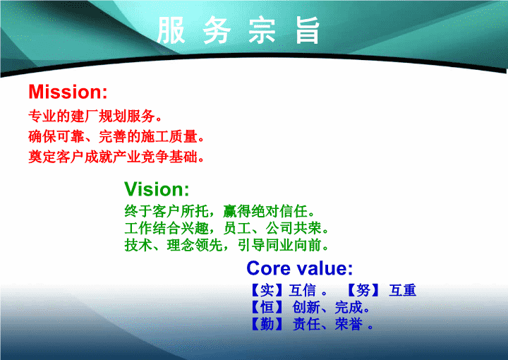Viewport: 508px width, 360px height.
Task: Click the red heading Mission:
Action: pos(68,92)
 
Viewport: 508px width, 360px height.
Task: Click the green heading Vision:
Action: pos(157,189)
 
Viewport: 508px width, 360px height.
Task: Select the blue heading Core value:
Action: pos(300,268)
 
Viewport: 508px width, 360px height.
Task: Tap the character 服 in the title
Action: pos(171,30)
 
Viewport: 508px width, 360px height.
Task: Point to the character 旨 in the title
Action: pos(308,30)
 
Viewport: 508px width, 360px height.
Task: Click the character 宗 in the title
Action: pos(262,30)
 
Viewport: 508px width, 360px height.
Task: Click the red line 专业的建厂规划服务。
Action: pos(95,116)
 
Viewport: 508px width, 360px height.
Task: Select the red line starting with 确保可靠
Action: pos(116,136)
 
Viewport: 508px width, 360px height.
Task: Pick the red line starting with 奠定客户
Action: pos(116,157)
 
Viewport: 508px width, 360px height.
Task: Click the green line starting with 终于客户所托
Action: pos(220,211)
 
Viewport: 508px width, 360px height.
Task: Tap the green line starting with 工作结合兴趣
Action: pos(226,228)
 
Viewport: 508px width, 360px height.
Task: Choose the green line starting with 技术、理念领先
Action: pos(226,245)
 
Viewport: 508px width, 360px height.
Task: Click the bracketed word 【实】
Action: pos(267,290)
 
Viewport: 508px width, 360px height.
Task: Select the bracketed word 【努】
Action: pos(363,290)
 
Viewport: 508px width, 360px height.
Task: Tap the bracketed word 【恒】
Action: pos(267,307)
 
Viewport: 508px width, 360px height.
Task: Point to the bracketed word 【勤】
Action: pos(267,324)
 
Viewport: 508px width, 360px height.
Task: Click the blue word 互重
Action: pos(403,290)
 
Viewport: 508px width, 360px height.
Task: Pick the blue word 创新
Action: pos(306,307)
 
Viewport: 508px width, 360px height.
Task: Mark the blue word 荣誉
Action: pos(349,324)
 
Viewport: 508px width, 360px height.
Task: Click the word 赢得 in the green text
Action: pos(237,211)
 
